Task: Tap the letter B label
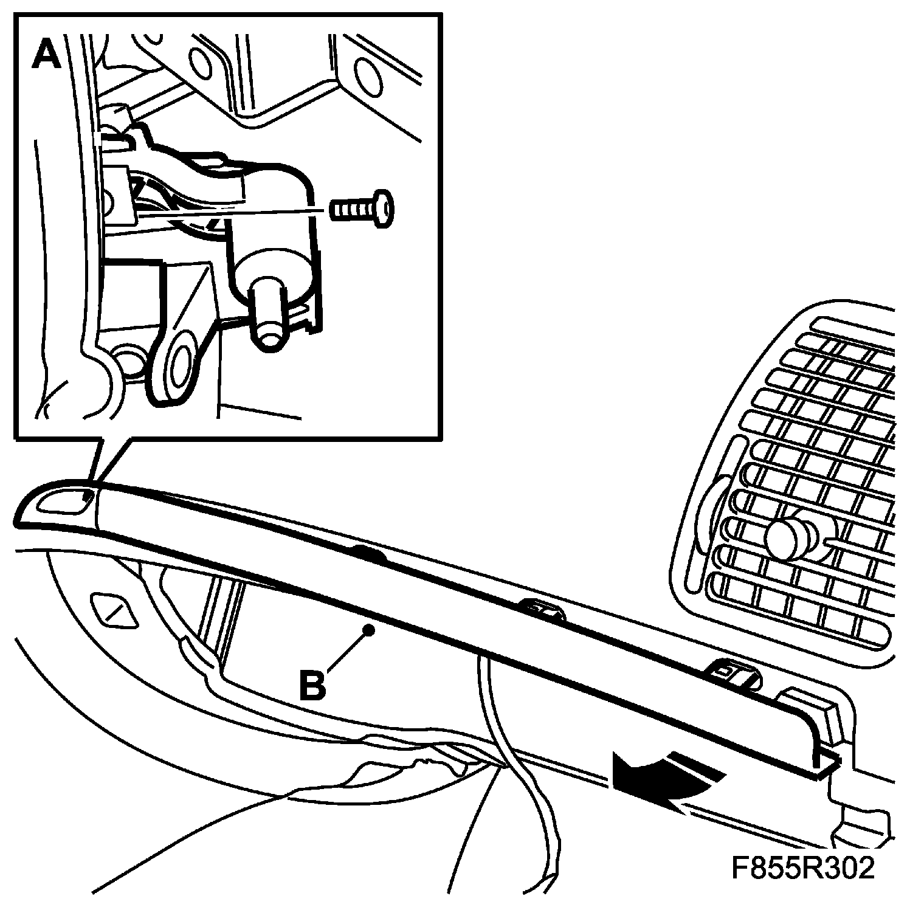tap(314, 685)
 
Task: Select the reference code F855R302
tap(802, 868)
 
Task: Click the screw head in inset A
tap(382, 209)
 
